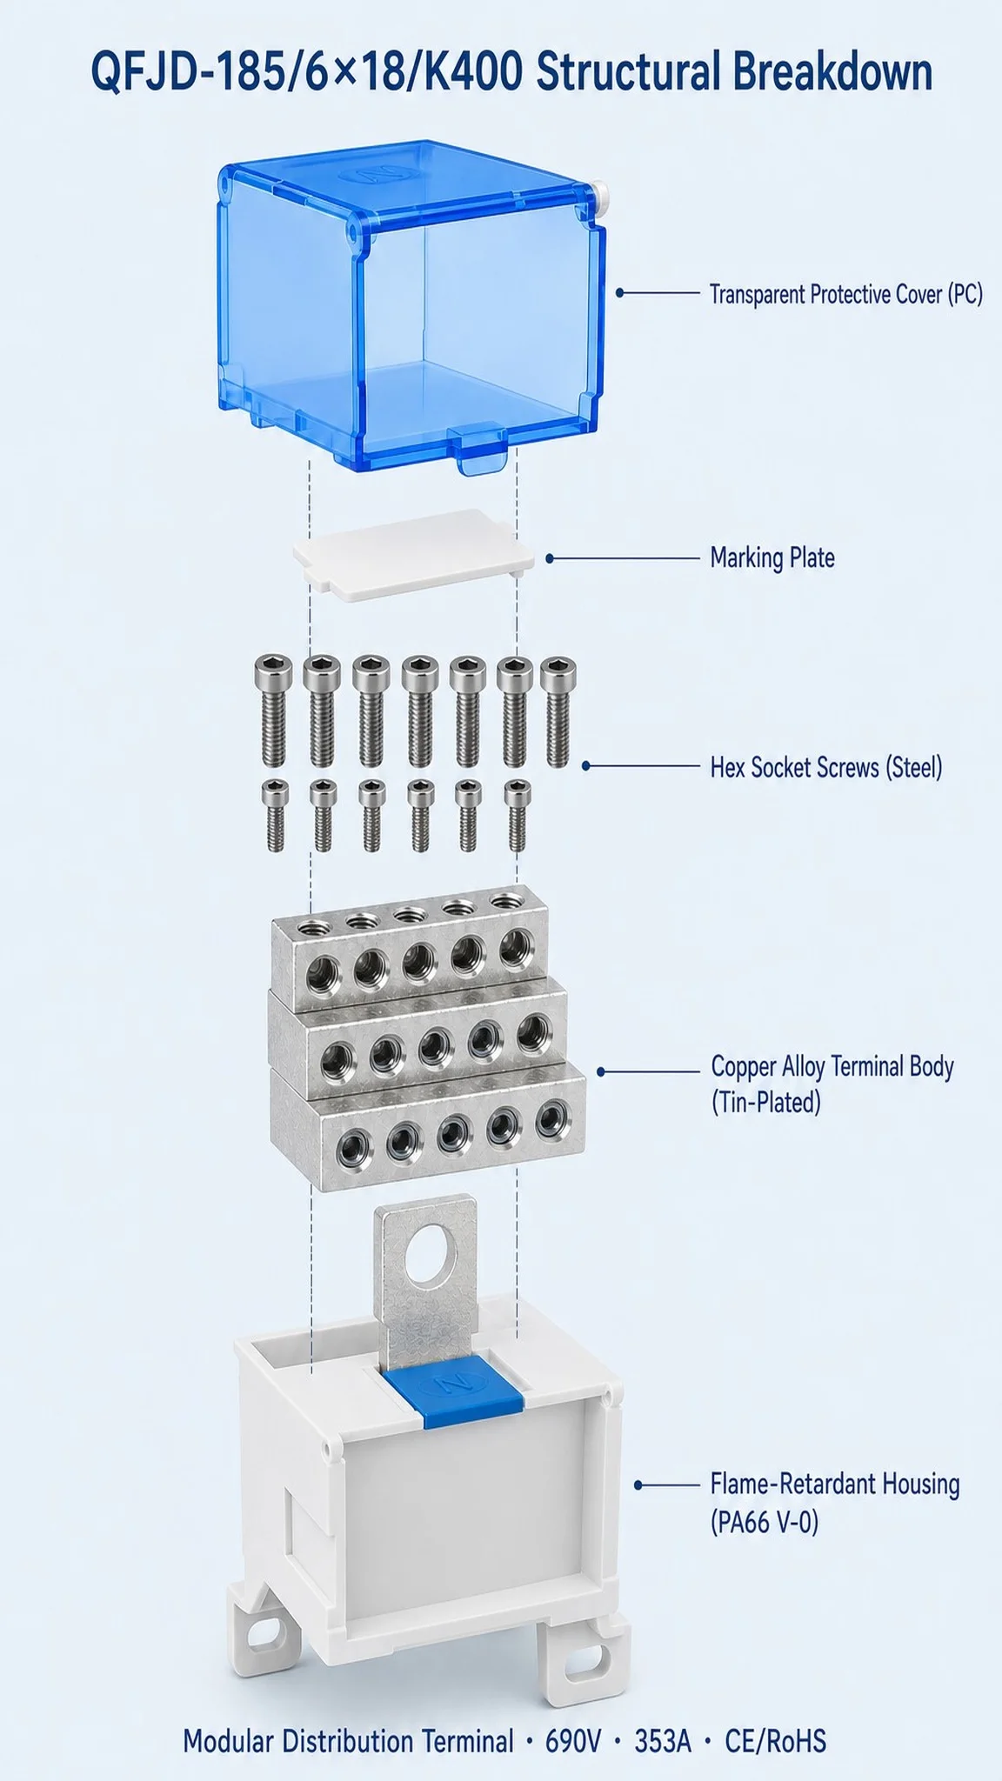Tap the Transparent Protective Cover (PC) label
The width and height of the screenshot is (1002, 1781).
tap(845, 294)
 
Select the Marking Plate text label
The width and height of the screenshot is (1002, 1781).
tap(772, 557)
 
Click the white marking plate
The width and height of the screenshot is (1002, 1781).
tap(413, 554)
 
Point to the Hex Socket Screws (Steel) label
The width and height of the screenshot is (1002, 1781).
tap(826, 767)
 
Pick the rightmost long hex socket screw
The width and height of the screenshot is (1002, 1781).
tap(558, 712)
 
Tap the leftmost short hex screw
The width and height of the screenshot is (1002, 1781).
tap(275, 815)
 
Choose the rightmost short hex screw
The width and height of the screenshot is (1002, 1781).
tap(518, 815)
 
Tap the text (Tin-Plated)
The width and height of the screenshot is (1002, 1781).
tap(765, 1103)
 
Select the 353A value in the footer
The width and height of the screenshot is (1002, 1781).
tap(663, 1741)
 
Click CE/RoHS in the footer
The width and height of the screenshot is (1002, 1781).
tap(776, 1741)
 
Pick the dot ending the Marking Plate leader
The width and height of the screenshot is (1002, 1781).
tap(550, 558)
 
